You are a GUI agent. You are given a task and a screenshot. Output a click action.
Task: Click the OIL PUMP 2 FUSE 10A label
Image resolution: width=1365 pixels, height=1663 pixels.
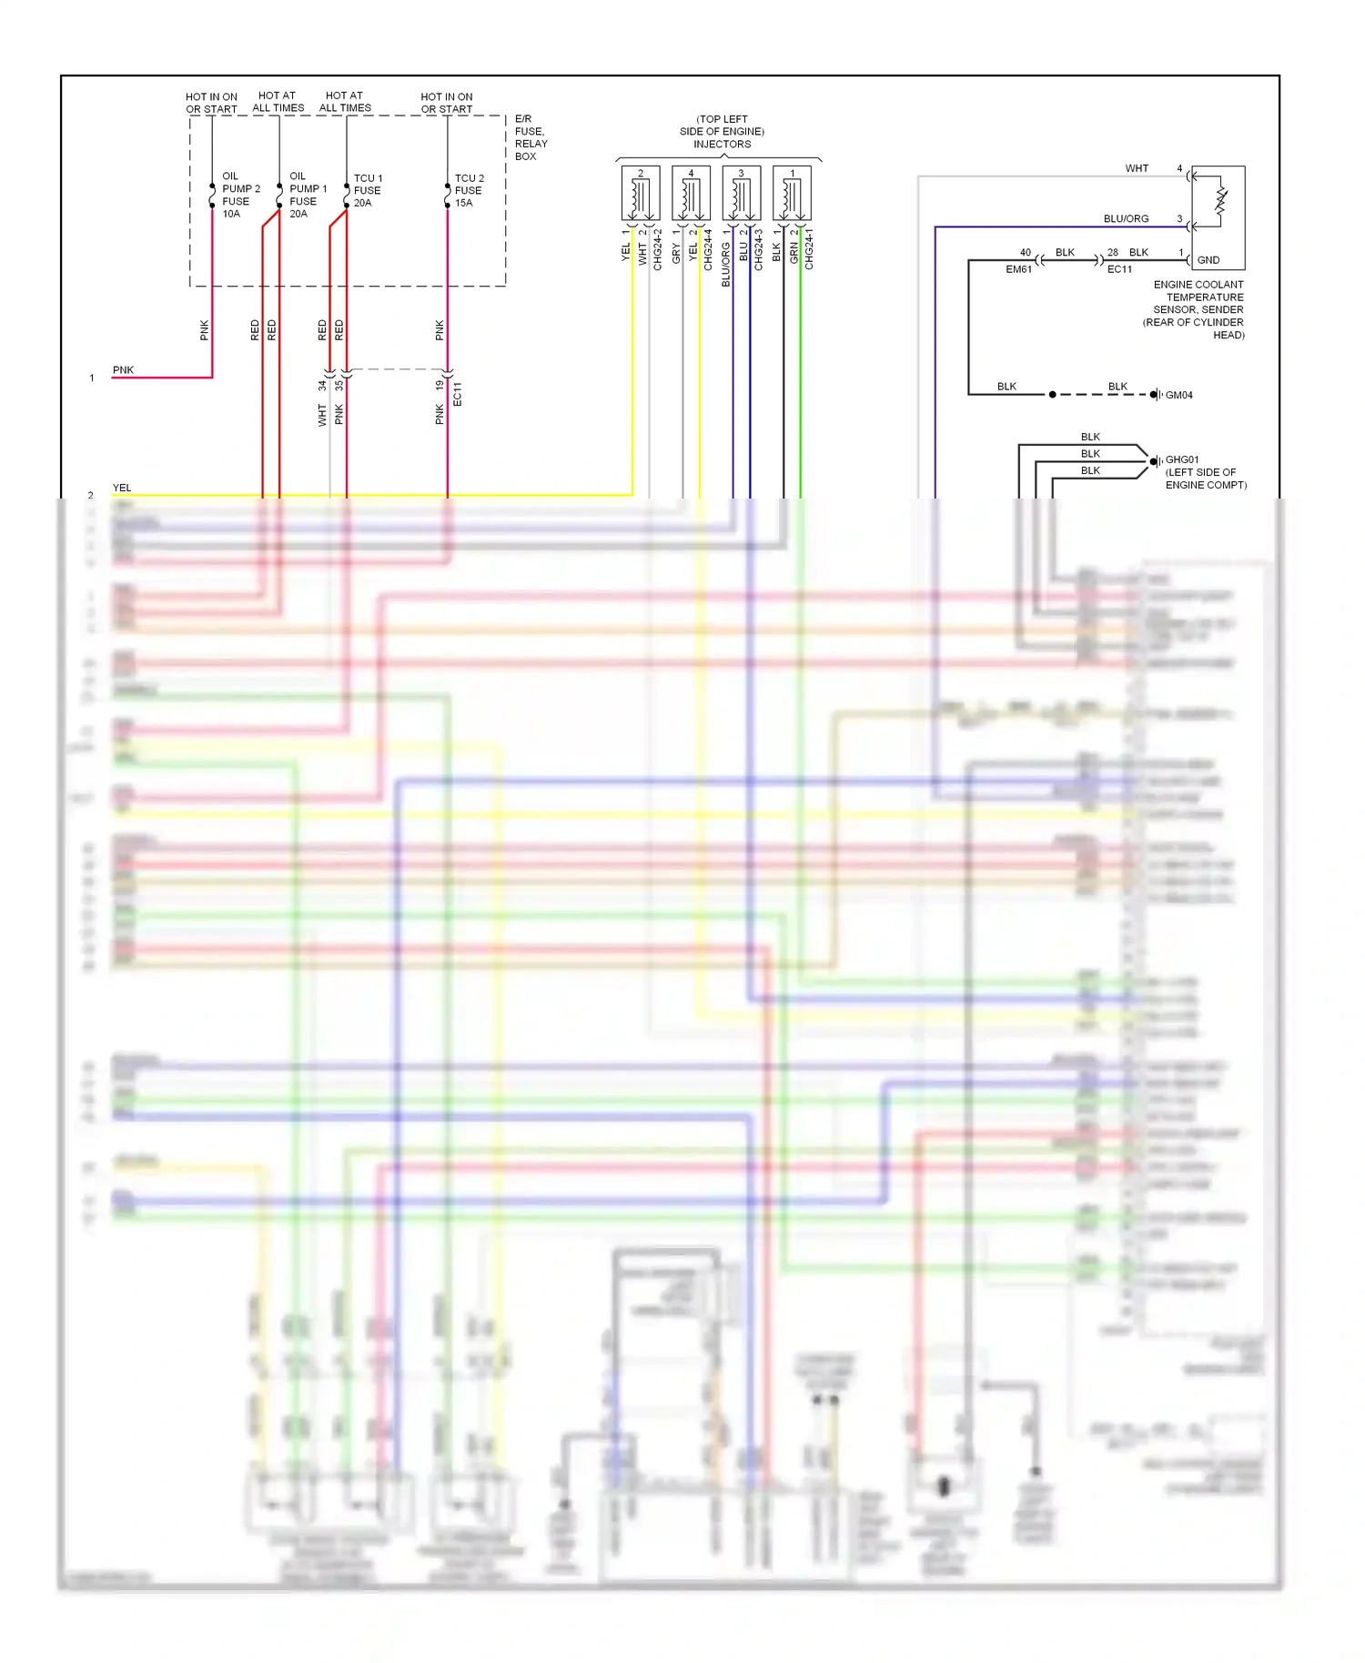click(x=239, y=195)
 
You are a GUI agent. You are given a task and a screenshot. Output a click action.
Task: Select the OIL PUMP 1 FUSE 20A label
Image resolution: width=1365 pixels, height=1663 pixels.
click(x=307, y=195)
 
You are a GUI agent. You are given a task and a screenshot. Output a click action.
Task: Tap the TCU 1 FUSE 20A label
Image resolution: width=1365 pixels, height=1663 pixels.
click(x=367, y=190)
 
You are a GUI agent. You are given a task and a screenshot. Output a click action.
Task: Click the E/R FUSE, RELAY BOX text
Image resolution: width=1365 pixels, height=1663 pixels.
click(x=531, y=137)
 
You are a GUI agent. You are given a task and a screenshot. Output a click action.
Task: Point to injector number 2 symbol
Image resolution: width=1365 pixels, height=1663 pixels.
click(x=641, y=194)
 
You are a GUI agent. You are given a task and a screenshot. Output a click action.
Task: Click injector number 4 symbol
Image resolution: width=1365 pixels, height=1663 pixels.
click(x=691, y=194)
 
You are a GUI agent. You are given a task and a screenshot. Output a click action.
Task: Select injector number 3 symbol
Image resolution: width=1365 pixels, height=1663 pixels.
click(x=741, y=194)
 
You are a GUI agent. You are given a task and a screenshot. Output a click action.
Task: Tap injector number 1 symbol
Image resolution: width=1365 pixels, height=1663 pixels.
click(x=792, y=194)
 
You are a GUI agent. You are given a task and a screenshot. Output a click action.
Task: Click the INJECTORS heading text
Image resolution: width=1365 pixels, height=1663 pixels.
click(x=722, y=144)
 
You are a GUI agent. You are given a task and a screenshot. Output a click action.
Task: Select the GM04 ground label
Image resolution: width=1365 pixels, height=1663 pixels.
click(x=1178, y=395)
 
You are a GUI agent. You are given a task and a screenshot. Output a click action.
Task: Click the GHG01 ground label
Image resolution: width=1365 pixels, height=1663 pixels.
click(x=1182, y=459)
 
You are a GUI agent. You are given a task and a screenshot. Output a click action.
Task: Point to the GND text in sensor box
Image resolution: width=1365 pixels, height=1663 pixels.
click(x=1208, y=260)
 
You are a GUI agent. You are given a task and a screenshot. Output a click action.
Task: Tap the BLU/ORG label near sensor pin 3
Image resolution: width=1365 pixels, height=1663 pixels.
click(x=1126, y=218)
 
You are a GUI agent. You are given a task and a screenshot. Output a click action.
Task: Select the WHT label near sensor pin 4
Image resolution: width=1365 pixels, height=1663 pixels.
click(x=1137, y=168)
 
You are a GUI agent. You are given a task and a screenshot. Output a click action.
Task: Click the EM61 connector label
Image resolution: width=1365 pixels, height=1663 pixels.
click(x=1018, y=269)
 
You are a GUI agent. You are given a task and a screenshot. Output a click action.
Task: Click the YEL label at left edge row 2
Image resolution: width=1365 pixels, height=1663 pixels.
click(x=122, y=488)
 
